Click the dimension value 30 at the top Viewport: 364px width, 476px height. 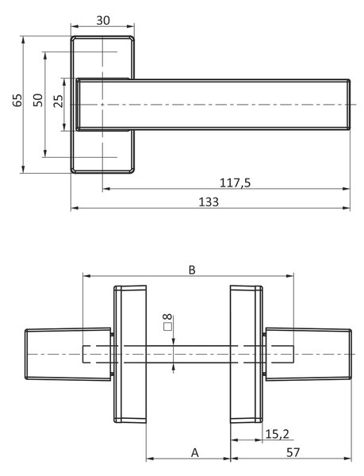(103, 21)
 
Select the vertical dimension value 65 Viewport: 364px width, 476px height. (17, 100)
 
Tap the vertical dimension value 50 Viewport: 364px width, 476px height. (38, 100)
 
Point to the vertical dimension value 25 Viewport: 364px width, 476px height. (58, 101)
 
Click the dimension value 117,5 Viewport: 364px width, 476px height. (235, 182)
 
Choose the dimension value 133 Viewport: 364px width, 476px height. (209, 202)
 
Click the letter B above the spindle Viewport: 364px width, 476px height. (192, 270)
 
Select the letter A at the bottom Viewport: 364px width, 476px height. (195, 453)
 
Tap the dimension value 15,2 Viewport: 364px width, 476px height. (278, 434)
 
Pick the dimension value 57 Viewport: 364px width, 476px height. (293, 453)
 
